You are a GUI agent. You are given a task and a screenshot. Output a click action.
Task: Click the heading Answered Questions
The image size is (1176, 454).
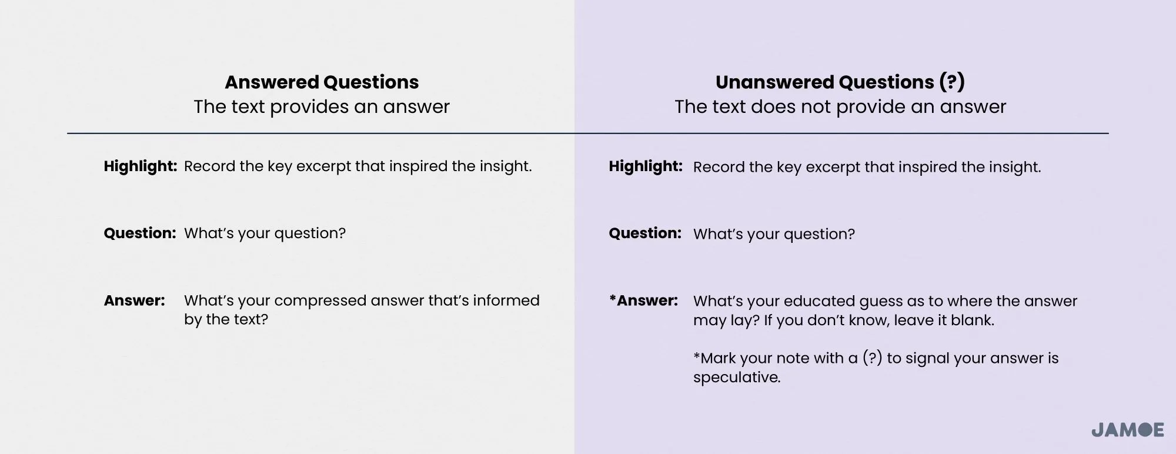click(322, 82)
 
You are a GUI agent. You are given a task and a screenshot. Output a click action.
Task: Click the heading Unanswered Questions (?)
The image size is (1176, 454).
click(840, 82)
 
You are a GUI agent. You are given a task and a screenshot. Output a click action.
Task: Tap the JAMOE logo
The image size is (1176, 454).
click(1128, 430)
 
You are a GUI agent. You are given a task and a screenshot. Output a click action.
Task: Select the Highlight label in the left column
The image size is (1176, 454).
click(140, 166)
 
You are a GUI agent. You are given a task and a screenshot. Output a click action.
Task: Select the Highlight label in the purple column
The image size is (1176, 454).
click(645, 166)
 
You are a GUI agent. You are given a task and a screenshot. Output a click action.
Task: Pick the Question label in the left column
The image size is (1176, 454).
click(139, 233)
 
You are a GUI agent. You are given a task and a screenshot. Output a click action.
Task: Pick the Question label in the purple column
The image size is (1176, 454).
click(644, 233)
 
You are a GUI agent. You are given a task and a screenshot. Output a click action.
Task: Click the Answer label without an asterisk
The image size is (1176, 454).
click(134, 301)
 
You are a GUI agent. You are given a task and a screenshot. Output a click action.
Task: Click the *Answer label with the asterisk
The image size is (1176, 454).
click(643, 301)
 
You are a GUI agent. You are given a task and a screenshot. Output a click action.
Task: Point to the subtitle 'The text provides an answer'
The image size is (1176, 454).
click(322, 107)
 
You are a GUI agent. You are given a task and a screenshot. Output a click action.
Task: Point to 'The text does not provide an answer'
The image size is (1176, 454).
click(840, 107)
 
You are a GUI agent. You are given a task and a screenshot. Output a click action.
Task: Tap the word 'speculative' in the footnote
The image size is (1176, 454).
click(737, 378)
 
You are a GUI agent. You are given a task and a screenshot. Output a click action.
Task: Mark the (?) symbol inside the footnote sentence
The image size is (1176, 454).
click(873, 358)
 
